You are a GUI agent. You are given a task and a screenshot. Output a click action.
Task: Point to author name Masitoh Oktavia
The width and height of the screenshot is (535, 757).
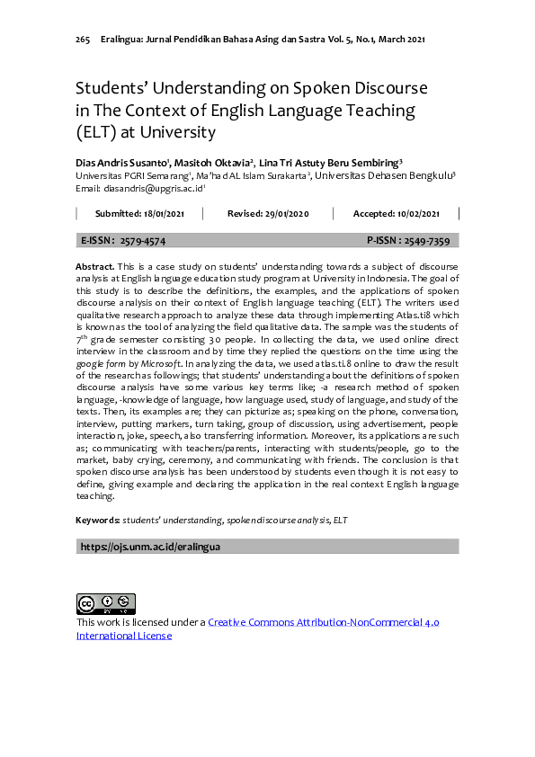point(212,162)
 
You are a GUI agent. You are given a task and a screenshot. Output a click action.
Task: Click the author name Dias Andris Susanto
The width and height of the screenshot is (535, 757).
point(122,162)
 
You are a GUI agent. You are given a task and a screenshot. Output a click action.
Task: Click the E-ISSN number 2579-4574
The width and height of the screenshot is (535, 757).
point(143,241)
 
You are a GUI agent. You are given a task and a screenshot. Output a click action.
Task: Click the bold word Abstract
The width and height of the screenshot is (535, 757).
point(94,267)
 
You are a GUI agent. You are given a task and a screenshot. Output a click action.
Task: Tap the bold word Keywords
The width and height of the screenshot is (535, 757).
point(97,521)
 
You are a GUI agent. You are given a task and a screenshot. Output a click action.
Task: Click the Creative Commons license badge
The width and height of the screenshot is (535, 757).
point(105,603)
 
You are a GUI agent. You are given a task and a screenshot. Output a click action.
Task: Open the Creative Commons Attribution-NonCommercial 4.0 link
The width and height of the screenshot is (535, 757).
point(323,622)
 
